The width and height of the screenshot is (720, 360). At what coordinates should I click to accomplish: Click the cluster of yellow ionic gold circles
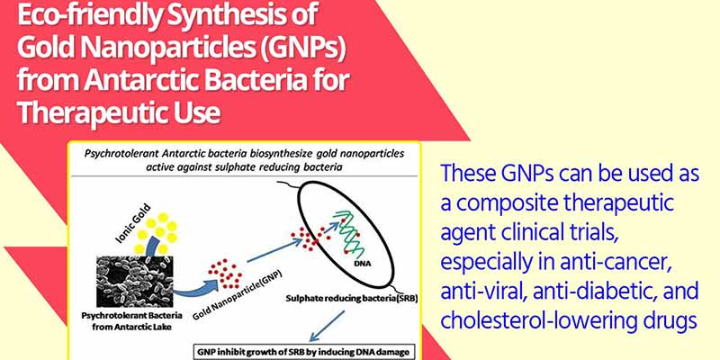coord(155,232)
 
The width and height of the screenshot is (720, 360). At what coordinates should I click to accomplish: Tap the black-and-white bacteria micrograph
coord(134,282)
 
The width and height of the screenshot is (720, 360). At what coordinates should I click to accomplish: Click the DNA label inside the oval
coord(363,264)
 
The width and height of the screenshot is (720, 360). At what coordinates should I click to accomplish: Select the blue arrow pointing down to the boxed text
coord(327,327)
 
